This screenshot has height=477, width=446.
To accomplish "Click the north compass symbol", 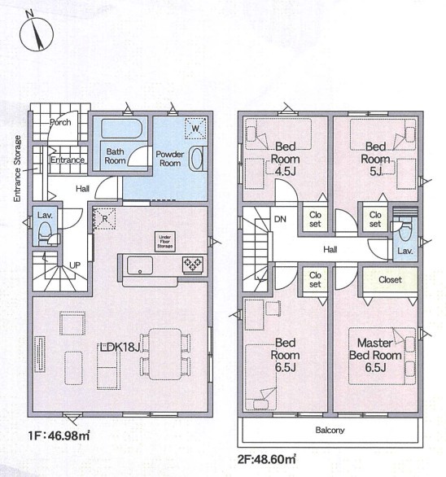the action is (x=37, y=33).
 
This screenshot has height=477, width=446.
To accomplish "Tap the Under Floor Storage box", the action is (x=165, y=242).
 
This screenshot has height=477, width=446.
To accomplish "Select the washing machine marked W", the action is (x=195, y=128).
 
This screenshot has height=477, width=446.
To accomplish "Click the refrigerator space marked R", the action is (x=105, y=218).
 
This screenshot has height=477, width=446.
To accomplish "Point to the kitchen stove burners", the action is (x=193, y=264).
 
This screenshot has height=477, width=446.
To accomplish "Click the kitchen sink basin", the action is (x=140, y=265).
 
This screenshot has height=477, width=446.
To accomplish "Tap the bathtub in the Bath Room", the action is (x=121, y=129).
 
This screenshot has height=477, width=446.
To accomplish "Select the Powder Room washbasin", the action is (x=196, y=159).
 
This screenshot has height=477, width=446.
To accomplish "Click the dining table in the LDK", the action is (x=165, y=354).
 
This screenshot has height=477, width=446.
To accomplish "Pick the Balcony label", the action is (x=330, y=430).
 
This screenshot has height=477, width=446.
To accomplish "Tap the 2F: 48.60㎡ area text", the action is (x=266, y=459).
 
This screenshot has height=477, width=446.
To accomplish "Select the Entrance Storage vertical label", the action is (x=17, y=168).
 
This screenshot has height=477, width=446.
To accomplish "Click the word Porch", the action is (x=60, y=122).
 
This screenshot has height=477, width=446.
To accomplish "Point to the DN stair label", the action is (x=280, y=219).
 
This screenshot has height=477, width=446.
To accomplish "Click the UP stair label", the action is (x=75, y=265).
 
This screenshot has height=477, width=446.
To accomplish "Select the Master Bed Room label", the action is (x=375, y=349).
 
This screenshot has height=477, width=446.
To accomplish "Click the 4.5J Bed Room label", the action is (x=285, y=159).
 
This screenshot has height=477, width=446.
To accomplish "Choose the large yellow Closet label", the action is (x=390, y=279).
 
